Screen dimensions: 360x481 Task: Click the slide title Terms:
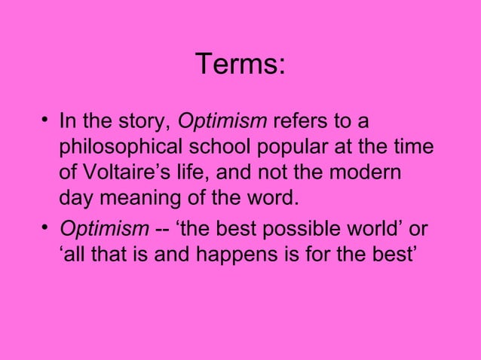pyautogui.click(x=240, y=65)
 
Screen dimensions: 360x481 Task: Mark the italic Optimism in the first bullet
pyautogui.click(x=222, y=122)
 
